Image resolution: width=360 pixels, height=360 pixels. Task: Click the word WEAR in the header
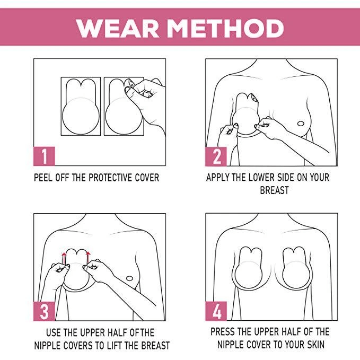click(x=118, y=28)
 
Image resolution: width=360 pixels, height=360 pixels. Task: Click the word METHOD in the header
click(x=225, y=28)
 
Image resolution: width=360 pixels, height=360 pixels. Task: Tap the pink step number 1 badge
click(x=45, y=156)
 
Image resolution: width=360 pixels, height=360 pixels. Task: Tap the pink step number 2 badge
click(x=216, y=156)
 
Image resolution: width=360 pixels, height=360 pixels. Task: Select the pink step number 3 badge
click(x=45, y=311)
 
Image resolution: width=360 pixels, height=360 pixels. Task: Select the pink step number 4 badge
click(x=216, y=311)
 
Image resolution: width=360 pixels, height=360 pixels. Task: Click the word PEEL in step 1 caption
click(x=43, y=178)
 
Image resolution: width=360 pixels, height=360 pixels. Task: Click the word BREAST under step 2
click(x=274, y=190)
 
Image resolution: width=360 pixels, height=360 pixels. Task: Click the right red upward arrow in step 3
click(x=87, y=258)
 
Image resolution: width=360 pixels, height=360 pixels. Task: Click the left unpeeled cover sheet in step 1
click(x=81, y=106)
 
